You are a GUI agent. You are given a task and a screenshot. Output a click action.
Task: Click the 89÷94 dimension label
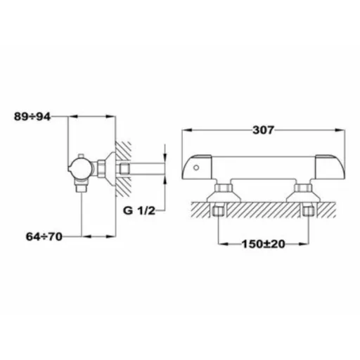point(32,117)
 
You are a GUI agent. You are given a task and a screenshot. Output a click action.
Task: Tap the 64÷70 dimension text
point(44,236)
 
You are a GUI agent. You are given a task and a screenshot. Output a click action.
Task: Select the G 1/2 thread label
point(139,211)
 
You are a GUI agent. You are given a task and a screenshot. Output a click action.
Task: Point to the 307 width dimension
point(263,130)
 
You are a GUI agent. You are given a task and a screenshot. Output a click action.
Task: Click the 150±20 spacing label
point(264,244)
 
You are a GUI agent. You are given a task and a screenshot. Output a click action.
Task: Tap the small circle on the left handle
point(196,167)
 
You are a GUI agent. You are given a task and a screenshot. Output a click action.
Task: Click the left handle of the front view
point(197,167)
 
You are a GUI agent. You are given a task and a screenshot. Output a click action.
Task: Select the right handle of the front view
point(330,167)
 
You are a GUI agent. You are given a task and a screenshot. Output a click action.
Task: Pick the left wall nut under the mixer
point(218,211)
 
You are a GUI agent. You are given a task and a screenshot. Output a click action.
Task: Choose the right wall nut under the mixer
point(309,211)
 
